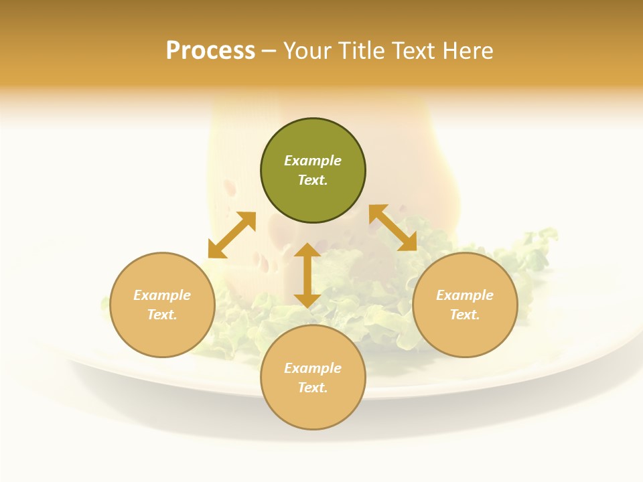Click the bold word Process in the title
(210, 51)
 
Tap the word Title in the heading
(361, 51)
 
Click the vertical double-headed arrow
(307, 275)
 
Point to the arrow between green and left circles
(232, 235)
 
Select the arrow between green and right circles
(392, 228)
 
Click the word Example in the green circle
(313, 161)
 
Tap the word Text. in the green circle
(313, 180)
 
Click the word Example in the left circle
(162, 295)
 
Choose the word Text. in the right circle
(465, 315)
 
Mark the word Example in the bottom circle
(313, 368)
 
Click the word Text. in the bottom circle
(313, 388)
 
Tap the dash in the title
(269, 51)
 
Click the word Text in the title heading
(414, 51)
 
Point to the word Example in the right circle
(465, 295)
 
